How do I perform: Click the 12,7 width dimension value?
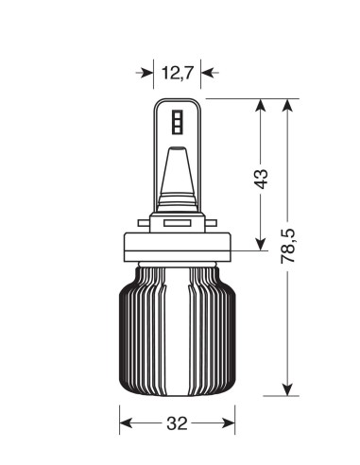tap(178, 71)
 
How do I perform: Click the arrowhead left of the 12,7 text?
tap(149, 71)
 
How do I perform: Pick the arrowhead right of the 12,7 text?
tap(207, 71)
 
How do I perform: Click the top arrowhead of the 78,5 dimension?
tap(289, 105)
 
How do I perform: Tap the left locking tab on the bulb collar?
tap(143, 225)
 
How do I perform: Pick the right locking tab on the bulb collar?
tap(213, 225)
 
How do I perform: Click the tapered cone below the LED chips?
tap(178, 175)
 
